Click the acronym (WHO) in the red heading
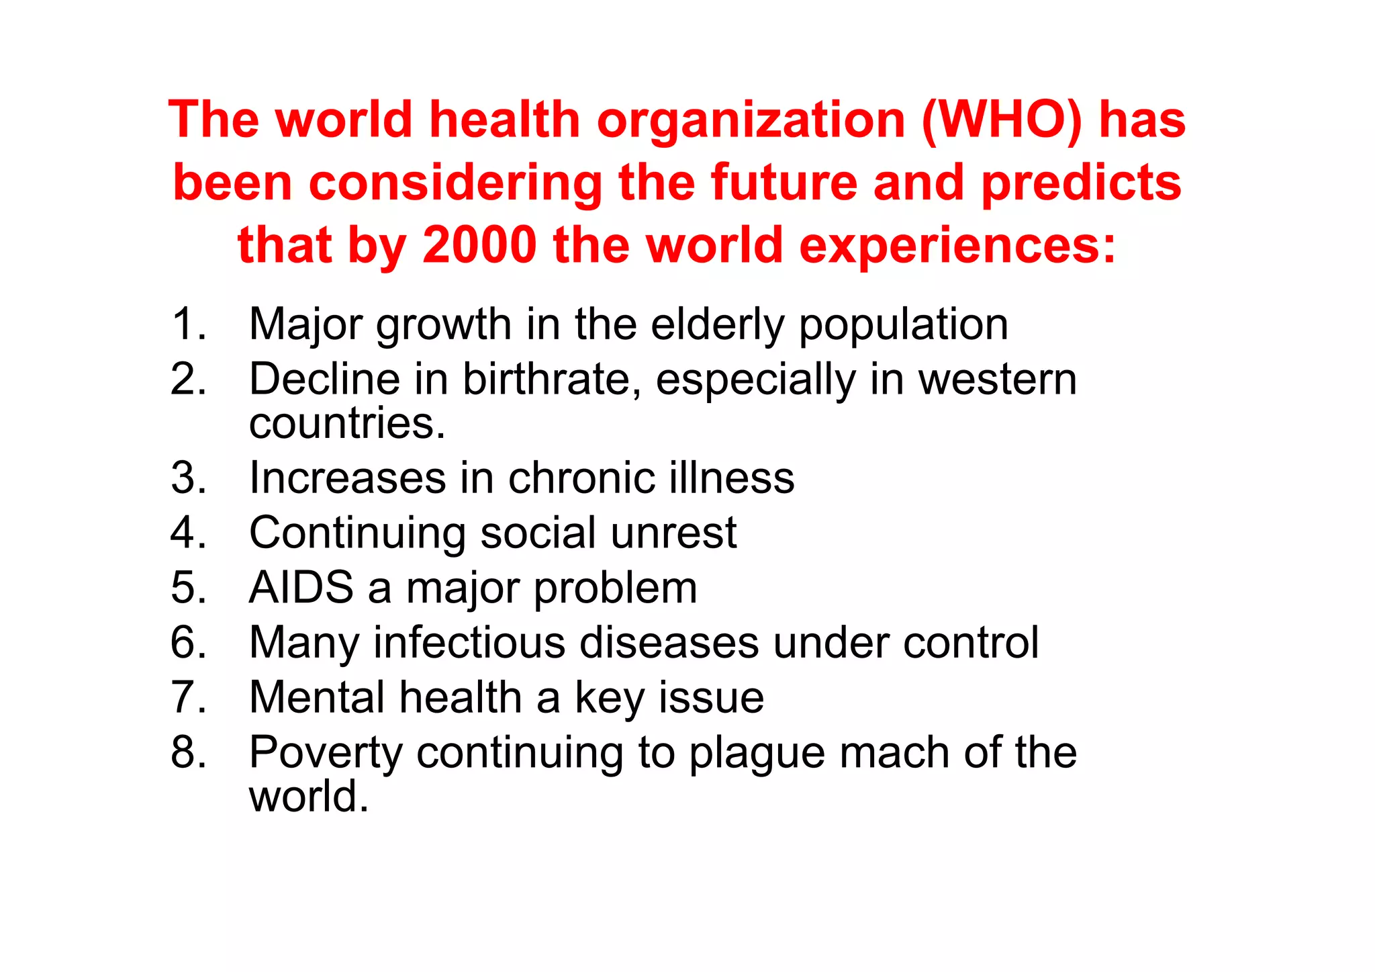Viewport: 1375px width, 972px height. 1002,120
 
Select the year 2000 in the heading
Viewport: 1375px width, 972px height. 479,245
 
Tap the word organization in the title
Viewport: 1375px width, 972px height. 751,120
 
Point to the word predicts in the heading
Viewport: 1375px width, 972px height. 1081,183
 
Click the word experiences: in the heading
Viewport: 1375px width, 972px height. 957,245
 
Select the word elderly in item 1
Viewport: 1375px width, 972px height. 717,324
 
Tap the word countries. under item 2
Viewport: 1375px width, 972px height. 347,423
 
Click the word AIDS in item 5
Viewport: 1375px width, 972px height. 301,588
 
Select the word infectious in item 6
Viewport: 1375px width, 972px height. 469,643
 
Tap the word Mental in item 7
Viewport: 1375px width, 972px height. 318,697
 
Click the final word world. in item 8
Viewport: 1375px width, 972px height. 309,797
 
